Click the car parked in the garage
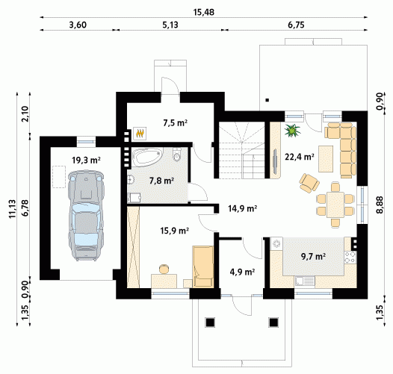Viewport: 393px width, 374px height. tap(86, 216)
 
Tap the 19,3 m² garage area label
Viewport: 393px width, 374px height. tap(86, 160)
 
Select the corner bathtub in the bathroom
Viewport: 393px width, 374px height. tap(147, 157)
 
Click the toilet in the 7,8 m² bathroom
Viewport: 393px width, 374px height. tap(177, 154)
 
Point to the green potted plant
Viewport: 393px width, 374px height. tap(292, 130)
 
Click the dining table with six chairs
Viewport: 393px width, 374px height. tap(335, 205)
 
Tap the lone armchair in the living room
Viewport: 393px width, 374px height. tap(309, 183)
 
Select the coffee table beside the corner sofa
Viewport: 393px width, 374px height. tap(326, 159)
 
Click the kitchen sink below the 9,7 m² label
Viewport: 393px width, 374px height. tap(305, 281)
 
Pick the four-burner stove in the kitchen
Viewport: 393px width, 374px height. tap(350, 258)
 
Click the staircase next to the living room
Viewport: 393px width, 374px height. tap(241, 150)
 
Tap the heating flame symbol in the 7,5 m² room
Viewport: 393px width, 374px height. tap(140, 133)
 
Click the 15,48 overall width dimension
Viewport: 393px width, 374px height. tap(204, 12)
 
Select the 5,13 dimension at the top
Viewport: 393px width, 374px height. tap(170, 25)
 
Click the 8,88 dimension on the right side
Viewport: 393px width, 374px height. tap(380, 205)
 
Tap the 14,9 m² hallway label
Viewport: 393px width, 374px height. tap(242, 208)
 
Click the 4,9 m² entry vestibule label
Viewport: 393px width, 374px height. tap(242, 272)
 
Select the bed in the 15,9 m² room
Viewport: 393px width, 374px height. tap(203, 267)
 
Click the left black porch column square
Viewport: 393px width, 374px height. tap(210, 322)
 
